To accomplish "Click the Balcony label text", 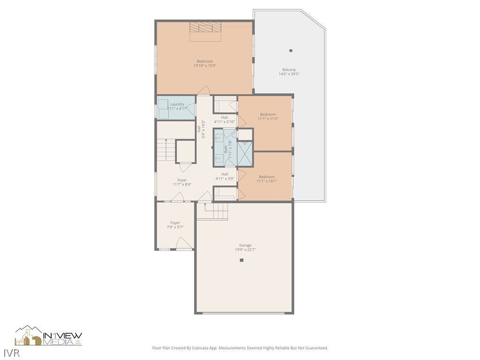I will pos(289,70).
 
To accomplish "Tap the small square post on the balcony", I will pos(291,51).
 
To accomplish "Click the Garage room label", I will pos(245,245).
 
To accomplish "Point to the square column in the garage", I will pos(242,260).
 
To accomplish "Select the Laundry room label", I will pos(177,104).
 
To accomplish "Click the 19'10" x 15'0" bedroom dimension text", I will pos(205,66).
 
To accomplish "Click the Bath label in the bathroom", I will pos(225,149).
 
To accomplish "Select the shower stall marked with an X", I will pos(245,153).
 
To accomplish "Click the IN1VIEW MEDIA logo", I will pos(49,336).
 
